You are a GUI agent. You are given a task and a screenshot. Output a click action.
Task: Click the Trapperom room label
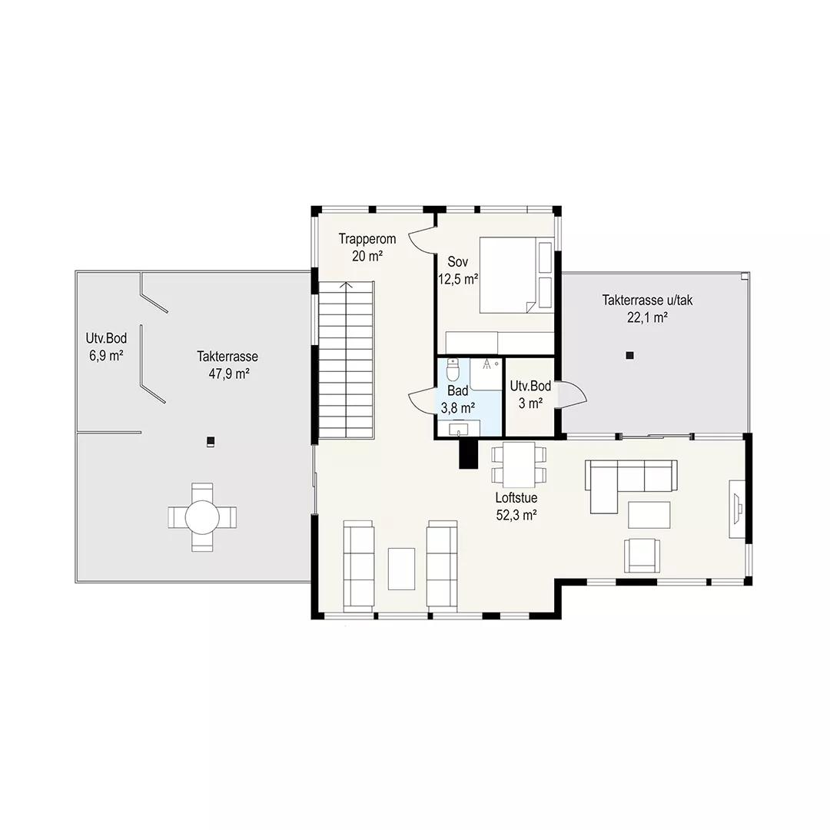(x=367, y=239)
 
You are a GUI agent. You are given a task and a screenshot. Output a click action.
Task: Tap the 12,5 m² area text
(x=458, y=279)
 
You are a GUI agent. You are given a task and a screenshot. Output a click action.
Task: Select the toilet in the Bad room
(x=453, y=370)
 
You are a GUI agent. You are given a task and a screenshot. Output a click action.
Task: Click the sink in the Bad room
(x=458, y=428)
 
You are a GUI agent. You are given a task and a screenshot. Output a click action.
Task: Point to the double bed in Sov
(x=516, y=275)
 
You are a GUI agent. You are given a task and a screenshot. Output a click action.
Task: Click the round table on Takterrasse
(x=202, y=516)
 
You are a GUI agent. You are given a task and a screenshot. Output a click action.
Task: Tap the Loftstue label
(x=516, y=498)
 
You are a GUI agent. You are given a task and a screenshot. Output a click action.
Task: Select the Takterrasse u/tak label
(x=647, y=300)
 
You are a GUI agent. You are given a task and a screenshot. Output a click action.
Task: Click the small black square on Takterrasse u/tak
(x=629, y=356)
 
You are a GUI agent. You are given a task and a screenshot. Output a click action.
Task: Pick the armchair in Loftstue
(x=642, y=556)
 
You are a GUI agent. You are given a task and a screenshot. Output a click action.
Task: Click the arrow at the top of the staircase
(x=346, y=286)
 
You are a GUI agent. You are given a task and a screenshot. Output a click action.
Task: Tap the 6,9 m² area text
(x=106, y=355)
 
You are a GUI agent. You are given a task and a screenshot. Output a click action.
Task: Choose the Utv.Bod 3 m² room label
(x=530, y=394)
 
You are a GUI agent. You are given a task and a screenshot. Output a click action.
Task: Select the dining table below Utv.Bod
(x=519, y=465)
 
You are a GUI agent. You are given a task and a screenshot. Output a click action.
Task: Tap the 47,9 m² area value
(x=229, y=373)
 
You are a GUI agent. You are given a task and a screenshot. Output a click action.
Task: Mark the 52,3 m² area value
(x=516, y=515)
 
